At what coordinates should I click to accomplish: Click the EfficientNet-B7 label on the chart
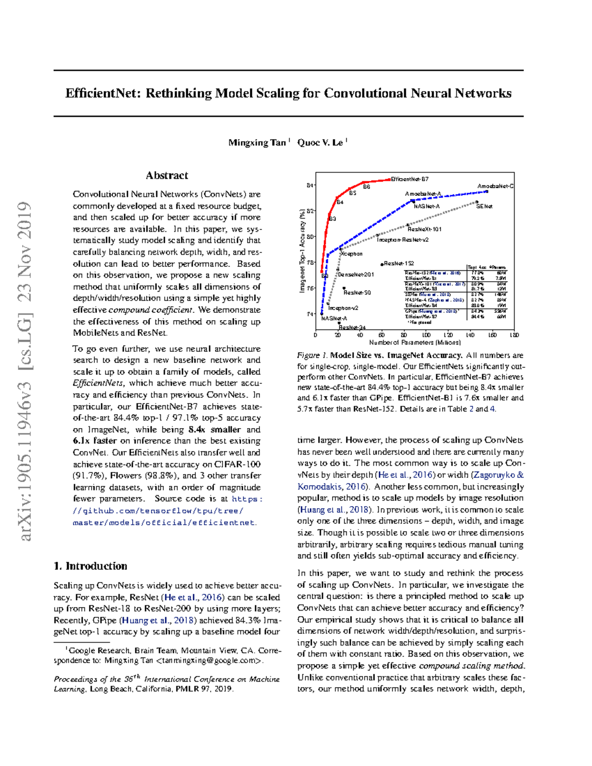pyautogui.click(x=409, y=179)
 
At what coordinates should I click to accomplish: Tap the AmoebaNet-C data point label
pyautogui.click(x=495, y=186)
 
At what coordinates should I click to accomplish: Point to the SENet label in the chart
pyautogui.click(x=484, y=206)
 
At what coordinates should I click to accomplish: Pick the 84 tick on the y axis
pyautogui.click(x=310, y=185)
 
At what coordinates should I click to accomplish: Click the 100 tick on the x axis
pyautogui.click(x=426, y=335)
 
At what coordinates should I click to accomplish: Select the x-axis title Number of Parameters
pyautogui.click(x=414, y=342)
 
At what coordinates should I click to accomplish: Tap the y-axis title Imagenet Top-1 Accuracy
pyautogui.click(x=302, y=250)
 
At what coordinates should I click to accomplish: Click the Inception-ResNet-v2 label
pyautogui.click(x=403, y=240)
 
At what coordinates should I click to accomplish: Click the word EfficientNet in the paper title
pyautogui.click(x=103, y=93)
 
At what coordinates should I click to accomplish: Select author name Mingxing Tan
pyautogui.click(x=257, y=143)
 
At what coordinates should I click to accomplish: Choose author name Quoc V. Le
pyautogui.click(x=320, y=143)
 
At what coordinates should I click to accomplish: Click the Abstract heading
pyautogui.click(x=167, y=175)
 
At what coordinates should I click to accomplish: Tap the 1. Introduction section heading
pyautogui.click(x=90, y=566)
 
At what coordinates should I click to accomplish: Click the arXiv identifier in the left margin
pyautogui.click(x=25, y=370)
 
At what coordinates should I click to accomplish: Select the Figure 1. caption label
pyautogui.click(x=312, y=355)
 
